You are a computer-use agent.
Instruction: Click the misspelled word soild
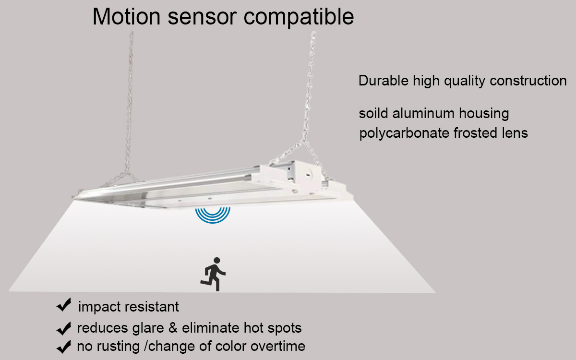coord(373,113)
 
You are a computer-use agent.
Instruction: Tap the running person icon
coord(213,274)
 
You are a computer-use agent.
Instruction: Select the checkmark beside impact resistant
coord(64,305)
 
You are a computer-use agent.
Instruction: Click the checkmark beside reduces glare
coord(64,328)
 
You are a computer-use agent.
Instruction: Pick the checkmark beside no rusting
coord(64,347)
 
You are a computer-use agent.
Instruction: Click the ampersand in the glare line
coord(173,328)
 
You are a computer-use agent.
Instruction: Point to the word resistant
coord(152,307)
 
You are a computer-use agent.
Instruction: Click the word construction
coord(528,81)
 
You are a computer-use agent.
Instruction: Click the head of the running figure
coord(217,261)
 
